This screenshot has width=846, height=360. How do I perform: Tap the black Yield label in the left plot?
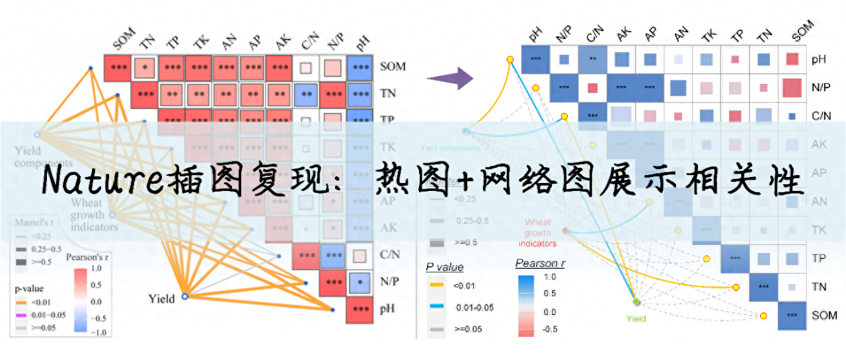pos(162,299)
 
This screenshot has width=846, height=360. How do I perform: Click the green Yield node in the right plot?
pos(636,302)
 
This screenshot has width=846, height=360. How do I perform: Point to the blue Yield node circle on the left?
pos(185,297)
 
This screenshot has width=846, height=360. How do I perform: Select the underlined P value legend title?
pos(445,268)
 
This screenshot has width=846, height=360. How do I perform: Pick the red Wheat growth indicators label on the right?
pos(537,233)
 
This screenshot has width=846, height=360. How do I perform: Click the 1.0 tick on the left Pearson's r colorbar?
pos(96,270)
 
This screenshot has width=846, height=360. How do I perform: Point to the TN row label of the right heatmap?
pos(820,286)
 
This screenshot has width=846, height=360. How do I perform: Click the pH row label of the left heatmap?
pos(389,309)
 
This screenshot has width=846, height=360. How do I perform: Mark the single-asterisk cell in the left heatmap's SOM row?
pos(145,67)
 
